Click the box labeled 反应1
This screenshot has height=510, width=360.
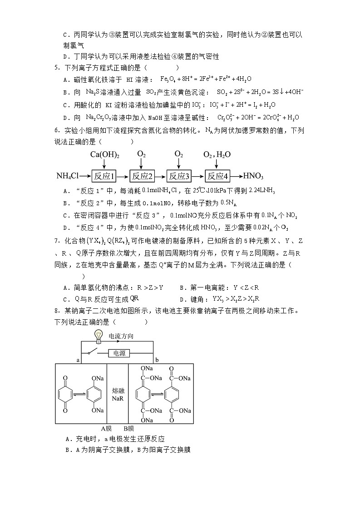tap(104, 176)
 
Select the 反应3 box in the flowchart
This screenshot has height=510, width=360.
tap(179, 176)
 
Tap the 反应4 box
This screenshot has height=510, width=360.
tap(217, 176)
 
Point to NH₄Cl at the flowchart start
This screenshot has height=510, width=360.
tap(69, 176)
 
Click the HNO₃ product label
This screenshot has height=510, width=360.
tap(253, 176)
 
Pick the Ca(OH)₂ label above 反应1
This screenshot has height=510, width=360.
tap(104, 154)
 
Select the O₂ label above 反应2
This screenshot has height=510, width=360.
tap(142, 154)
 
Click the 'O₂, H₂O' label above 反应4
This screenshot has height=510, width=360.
tap(217, 154)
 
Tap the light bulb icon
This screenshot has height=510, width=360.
tap(98, 336)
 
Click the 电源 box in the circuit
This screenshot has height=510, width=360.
tap(119, 352)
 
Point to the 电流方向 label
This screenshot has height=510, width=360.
tap(121, 337)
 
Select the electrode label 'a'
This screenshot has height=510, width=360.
tap(79, 360)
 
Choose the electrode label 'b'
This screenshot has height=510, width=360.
tap(157, 360)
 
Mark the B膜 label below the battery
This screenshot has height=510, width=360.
tap(129, 428)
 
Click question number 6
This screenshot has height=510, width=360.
tap(57, 130)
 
